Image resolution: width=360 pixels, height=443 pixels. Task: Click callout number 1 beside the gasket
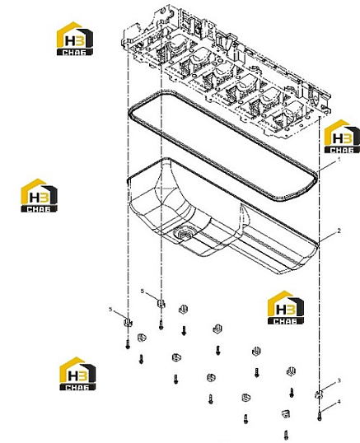pos(339,160)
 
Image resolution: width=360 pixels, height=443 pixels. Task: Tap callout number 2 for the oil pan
pos(339,231)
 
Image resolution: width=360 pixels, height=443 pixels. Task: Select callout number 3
pos(339,381)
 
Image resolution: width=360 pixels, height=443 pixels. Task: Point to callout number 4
pos(339,402)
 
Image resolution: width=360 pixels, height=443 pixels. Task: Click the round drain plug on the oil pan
pos(183,234)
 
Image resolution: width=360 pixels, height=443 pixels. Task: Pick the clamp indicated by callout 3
pos(319,394)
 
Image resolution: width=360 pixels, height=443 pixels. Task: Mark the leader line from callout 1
pos(327,166)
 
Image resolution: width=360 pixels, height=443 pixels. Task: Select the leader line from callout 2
pos(328,236)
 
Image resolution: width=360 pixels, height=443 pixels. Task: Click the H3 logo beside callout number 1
pos(342,136)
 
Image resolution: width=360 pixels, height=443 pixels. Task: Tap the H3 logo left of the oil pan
pos(39,195)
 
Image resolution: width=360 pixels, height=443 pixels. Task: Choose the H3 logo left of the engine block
pos(75,39)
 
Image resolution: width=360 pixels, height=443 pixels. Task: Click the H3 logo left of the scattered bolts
pos(77,374)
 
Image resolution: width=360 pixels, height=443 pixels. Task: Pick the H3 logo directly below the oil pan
pos(286,307)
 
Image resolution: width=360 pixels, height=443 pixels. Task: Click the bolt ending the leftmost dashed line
pos(128,344)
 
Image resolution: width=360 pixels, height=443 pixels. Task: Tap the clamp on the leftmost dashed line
pos(128,322)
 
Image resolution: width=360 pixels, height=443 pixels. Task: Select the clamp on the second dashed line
pos(161,304)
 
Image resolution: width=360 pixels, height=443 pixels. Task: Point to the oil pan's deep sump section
pos(184,215)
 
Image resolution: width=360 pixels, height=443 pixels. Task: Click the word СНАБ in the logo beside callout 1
pos(342,150)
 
